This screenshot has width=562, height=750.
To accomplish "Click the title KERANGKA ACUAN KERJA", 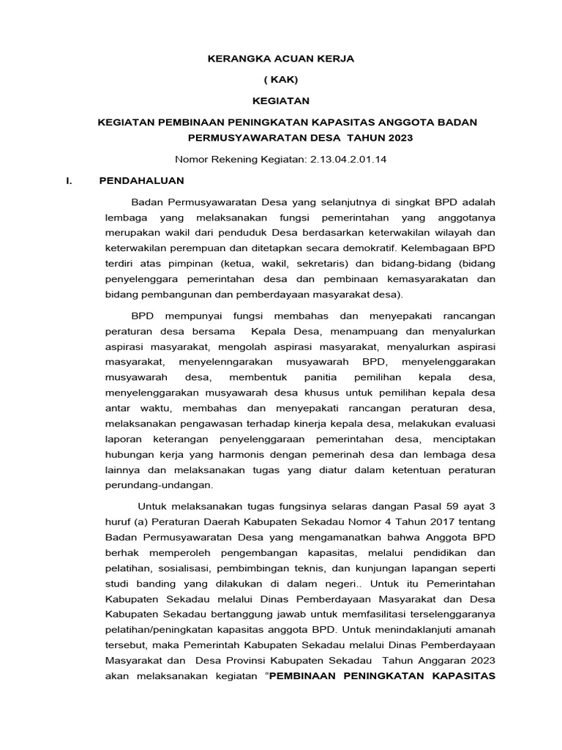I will (281, 59).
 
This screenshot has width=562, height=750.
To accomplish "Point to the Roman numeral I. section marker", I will (70, 179).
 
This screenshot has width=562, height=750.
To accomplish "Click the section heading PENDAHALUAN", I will (141, 179).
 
